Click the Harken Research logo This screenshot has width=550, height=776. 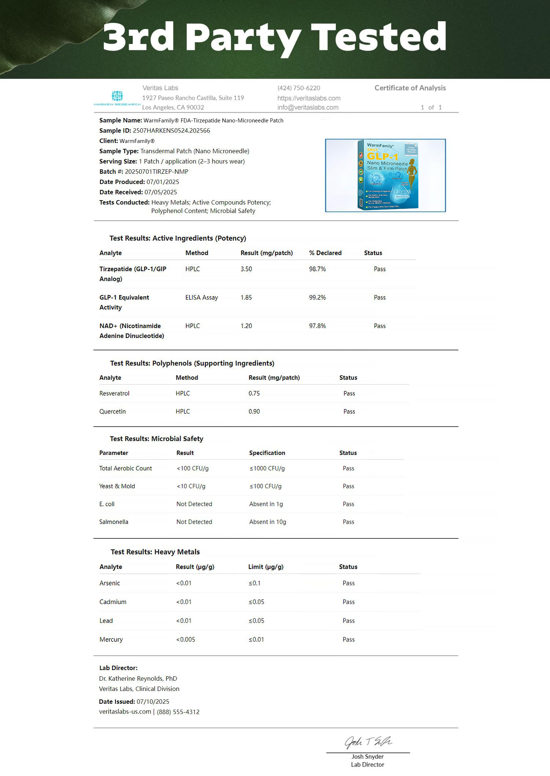point(117,98)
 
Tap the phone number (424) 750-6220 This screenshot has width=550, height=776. point(299,88)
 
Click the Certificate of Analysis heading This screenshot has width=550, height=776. point(410,88)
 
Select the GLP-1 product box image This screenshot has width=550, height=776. point(385,175)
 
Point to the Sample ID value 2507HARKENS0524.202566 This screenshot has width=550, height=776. point(171,130)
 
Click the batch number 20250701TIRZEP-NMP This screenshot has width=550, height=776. point(157,172)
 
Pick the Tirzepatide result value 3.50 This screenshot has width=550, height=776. point(246,269)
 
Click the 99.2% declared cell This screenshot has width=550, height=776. point(317,298)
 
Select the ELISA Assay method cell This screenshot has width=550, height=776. point(201,298)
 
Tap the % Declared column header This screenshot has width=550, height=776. point(325,253)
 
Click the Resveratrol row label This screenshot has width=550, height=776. point(114,393)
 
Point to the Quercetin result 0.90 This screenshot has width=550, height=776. point(254,411)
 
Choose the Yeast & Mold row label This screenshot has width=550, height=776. point(117,486)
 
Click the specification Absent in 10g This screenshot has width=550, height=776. point(268,522)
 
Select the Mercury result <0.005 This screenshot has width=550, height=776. point(186,639)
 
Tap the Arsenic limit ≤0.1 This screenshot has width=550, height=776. point(254,583)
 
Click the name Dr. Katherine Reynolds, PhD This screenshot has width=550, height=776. point(138,678)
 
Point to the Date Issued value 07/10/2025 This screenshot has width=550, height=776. point(153,702)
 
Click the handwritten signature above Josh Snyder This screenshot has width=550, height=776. point(368,742)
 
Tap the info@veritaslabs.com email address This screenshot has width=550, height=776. point(308,107)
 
